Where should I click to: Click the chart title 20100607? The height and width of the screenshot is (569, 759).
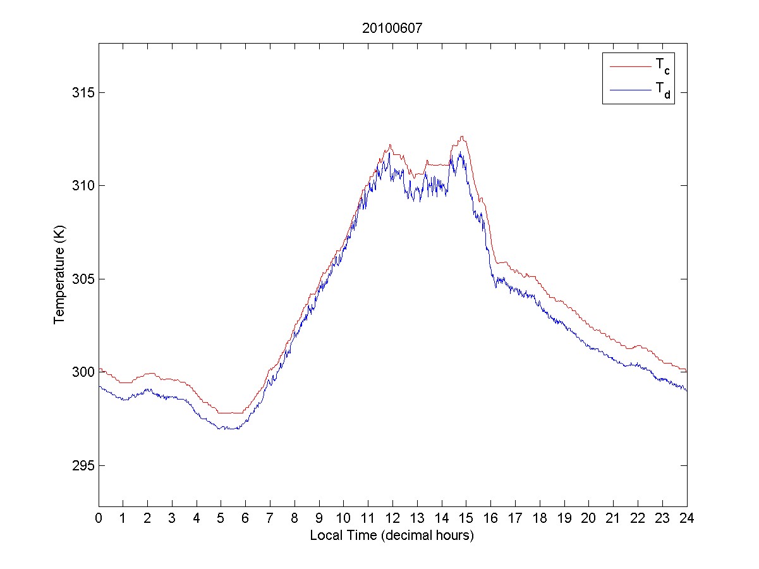point(392,28)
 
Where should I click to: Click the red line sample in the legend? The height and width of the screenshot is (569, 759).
point(629,65)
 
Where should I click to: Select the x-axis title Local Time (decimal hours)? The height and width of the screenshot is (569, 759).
point(392,535)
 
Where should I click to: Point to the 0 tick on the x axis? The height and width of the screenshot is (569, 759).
point(99,518)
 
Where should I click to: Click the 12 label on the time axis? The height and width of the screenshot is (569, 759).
point(392,518)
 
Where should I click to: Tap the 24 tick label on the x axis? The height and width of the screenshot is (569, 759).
point(687,518)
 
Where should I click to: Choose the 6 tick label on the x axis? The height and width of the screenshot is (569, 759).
point(245,518)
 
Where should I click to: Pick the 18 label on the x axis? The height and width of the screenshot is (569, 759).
point(540,518)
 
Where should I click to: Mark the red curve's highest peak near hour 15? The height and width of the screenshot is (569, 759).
point(463,136)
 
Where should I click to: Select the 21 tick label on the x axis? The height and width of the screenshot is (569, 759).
point(613,518)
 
